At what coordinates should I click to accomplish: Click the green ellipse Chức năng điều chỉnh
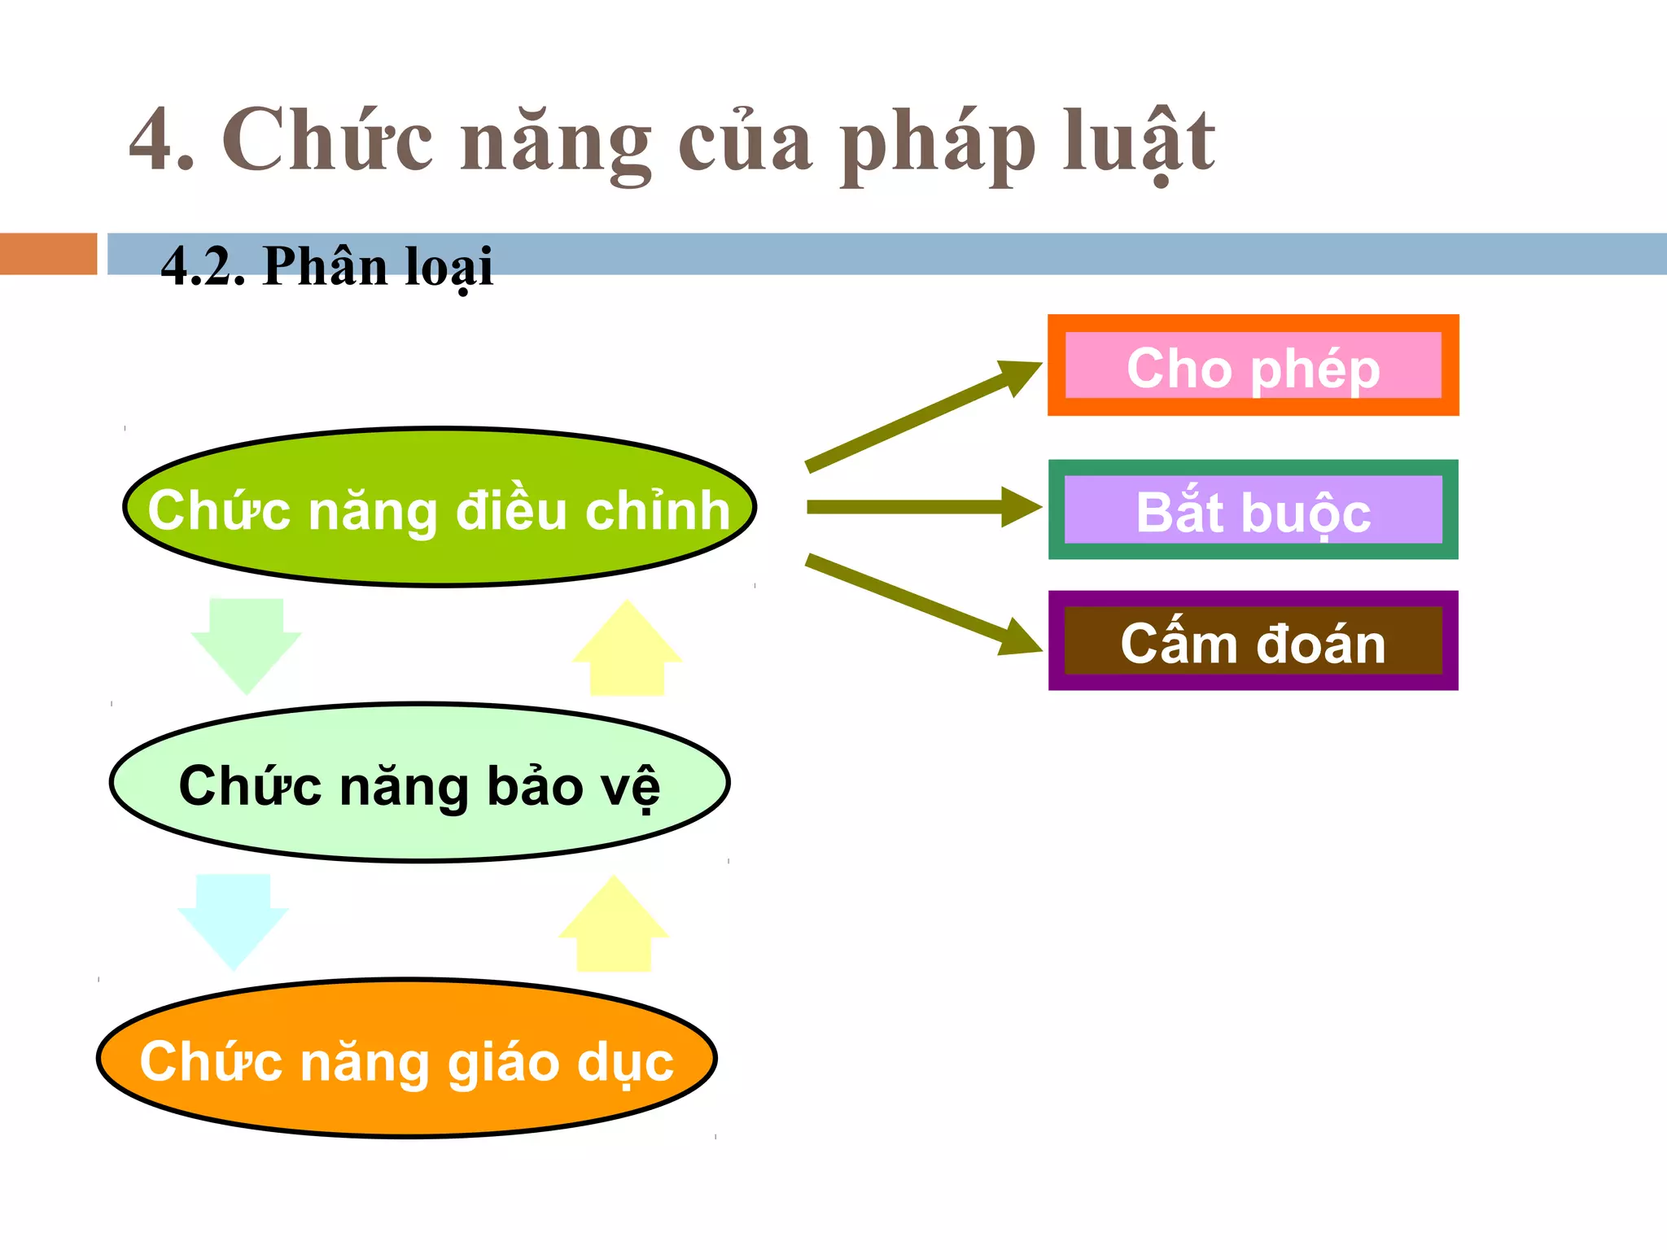point(440,507)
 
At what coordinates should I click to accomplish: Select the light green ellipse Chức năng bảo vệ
point(419,783)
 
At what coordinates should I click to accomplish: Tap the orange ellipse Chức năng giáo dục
point(407,1058)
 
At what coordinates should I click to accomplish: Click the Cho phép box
point(1253,365)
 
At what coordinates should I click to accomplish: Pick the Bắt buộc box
point(1253,510)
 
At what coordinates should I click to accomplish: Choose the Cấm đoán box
point(1253,641)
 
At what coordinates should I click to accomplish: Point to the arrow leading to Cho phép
point(920,417)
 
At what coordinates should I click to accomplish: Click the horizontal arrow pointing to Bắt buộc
point(920,507)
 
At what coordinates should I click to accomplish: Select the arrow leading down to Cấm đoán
point(920,603)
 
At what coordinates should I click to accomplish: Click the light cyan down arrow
point(234,920)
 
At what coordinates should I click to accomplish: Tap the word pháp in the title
point(936,145)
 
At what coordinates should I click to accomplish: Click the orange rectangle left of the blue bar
point(48,254)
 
